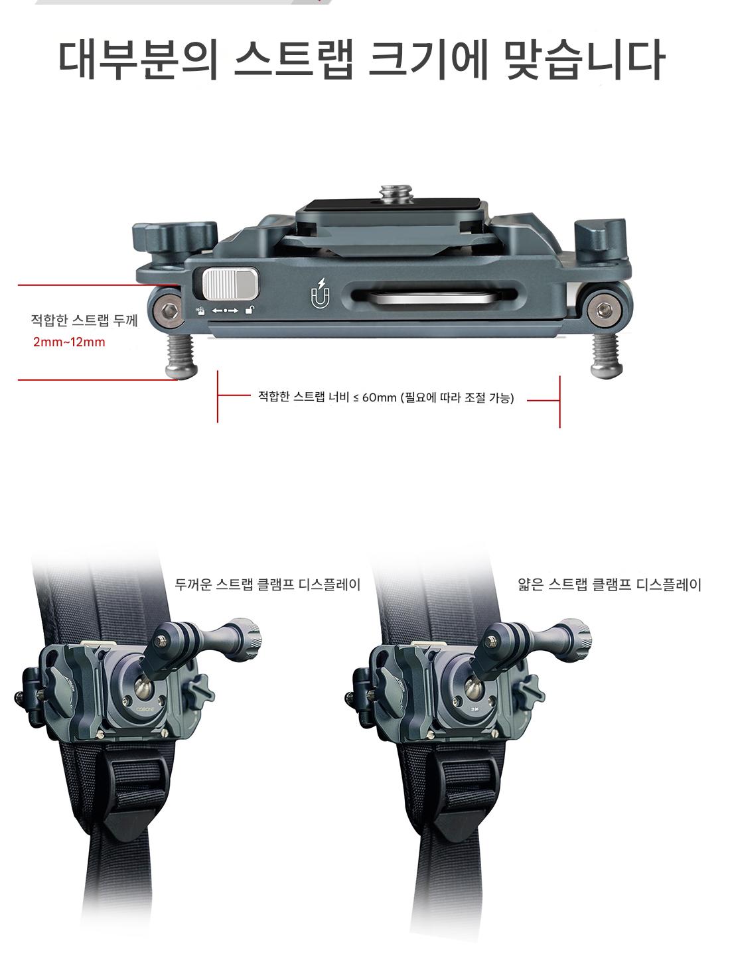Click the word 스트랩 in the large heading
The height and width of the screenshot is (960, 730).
293,60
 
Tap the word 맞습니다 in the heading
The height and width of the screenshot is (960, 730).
584,60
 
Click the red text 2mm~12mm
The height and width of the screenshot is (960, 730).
69,342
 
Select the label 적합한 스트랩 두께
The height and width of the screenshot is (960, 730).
84,320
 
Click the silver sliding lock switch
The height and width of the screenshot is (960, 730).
230,284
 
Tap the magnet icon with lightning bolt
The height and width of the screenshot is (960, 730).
321,293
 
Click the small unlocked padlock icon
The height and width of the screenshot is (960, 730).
250,310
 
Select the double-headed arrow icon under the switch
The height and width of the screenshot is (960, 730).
225,310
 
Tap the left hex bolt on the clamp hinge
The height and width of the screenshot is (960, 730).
169,312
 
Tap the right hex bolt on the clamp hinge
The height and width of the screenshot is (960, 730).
605,311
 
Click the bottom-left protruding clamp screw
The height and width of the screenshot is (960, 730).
181,356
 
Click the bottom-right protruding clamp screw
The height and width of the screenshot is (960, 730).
606,356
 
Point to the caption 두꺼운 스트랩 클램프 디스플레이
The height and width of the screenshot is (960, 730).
267,584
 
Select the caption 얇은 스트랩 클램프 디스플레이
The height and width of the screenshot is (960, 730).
609,584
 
